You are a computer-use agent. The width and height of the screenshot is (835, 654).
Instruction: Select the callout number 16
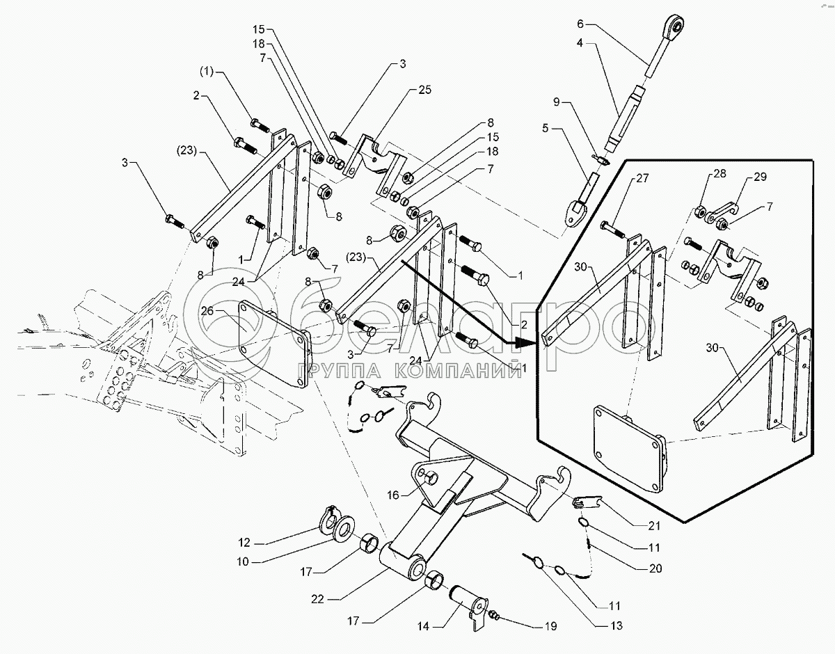click(x=394, y=495)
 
